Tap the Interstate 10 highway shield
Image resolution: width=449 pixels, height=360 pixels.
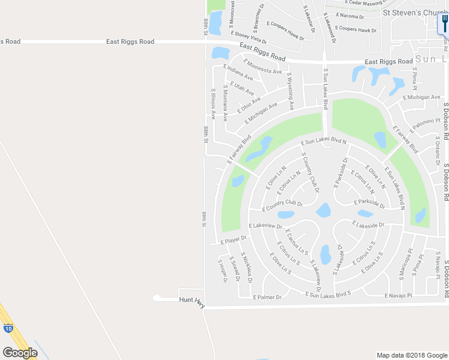[7, 328]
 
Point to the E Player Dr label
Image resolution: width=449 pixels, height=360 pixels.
[234, 239]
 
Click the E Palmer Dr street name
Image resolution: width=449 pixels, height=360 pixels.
[267, 297]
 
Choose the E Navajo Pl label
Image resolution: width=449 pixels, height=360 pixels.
[398, 295]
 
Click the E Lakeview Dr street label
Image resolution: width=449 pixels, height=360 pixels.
[265, 226]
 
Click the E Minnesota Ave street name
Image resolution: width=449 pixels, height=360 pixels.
[262, 67]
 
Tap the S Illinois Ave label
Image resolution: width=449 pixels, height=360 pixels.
[212, 104]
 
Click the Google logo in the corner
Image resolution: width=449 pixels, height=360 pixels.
[20, 353]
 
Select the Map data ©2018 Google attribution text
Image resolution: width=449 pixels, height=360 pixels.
[412, 355]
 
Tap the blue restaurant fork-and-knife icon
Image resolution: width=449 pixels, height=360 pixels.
[442, 24]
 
